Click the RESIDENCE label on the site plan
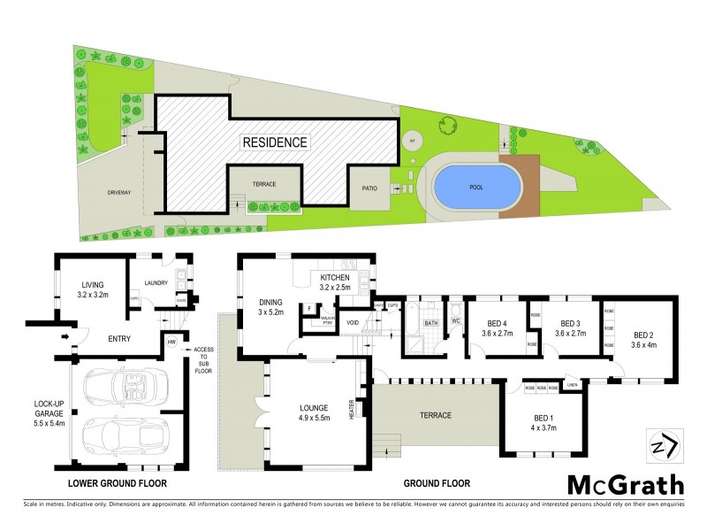point(276,142)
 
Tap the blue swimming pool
point(475,188)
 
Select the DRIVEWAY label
point(119,191)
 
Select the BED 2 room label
point(644,339)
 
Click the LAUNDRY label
point(156,284)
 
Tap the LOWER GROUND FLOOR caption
point(118,484)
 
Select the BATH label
point(431,324)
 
